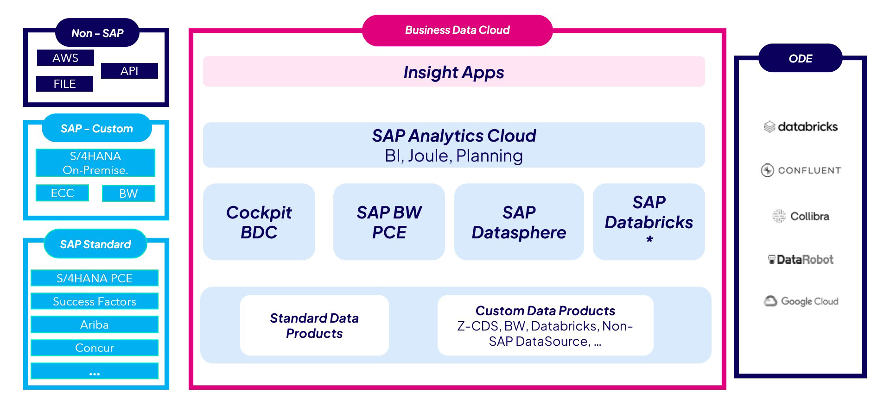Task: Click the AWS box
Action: point(65,58)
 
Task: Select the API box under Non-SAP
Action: point(129,71)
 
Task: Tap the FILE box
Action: point(64,84)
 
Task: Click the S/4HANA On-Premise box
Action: point(95,163)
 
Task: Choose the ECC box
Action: point(62,193)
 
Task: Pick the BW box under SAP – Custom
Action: point(128,193)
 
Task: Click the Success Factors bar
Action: point(95,301)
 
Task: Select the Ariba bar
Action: point(95,324)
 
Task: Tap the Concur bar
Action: point(95,348)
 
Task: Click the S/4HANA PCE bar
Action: point(95,278)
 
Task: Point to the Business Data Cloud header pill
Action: point(457,31)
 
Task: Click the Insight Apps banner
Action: point(454,72)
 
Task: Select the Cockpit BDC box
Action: point(259,222)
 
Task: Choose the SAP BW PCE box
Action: point(389,222)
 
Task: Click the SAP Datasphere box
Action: point(519,222)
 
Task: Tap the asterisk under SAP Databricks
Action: point(649,240)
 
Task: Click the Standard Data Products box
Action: point(314,325)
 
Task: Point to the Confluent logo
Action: point(801,170)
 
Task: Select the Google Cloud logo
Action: point(801,301)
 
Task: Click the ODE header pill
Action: point(801,58)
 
